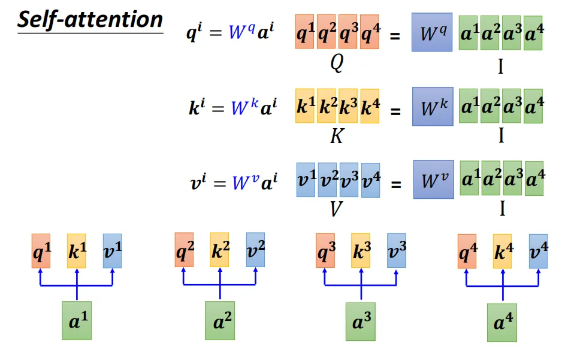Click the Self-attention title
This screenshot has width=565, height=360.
90,20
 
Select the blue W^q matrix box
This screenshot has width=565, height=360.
432,32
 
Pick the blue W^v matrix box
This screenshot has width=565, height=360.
433,179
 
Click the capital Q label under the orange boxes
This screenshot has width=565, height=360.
337,63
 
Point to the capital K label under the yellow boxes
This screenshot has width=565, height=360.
337,137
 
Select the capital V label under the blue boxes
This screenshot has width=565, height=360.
337,209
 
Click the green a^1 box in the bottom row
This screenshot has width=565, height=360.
77,320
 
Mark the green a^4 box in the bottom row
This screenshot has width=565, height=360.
502,322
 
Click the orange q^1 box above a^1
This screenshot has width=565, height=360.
41,250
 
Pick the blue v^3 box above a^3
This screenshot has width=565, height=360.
396,250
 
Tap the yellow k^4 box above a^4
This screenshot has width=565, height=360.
502,251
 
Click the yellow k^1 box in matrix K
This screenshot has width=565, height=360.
306,105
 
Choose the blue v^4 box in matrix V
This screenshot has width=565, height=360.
370,180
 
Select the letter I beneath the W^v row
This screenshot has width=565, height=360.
501,209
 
